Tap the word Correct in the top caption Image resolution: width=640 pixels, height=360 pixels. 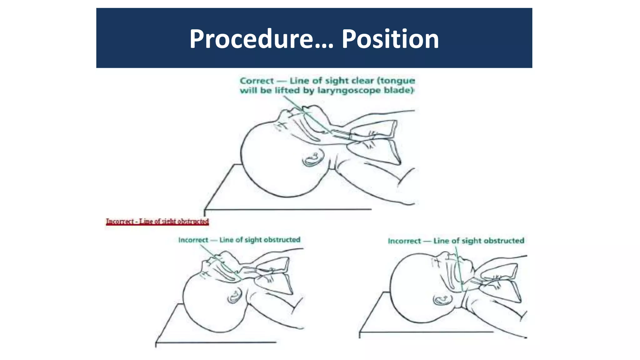(x=257, y=81)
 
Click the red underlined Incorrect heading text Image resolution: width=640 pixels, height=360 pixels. (x=157, y=222)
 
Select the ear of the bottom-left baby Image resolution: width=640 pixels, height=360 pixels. (x=234, y=296)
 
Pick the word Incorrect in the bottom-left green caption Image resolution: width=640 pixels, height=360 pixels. (x=193, y=240)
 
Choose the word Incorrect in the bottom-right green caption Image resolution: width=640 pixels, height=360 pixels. (x=404, y=241)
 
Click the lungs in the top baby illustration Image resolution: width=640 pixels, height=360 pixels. (x=375, y=141)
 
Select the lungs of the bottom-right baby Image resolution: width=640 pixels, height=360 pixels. (x=500, y=281)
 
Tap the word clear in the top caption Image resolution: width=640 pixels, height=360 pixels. (x=363, y=81)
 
